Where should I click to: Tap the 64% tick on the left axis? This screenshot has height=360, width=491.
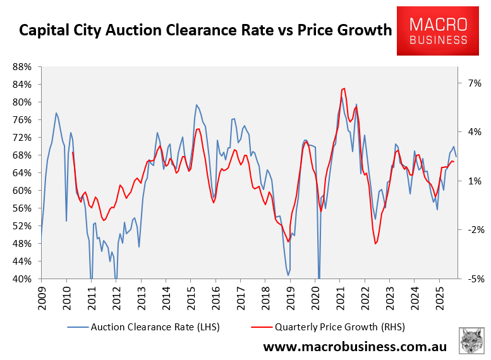point(23,173)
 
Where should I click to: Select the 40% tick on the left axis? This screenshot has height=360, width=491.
point(23,279)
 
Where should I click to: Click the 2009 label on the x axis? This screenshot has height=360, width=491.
point(42,297)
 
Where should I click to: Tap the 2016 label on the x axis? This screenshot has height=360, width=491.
point(215,297)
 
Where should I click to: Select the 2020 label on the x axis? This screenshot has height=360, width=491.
point(315,297)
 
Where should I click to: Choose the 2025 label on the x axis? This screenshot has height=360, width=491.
point(439,297)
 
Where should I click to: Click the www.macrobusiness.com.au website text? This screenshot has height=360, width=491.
point(355,347)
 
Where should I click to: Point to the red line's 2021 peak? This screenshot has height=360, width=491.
point(343,88)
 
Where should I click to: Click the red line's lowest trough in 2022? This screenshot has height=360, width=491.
point(375,244)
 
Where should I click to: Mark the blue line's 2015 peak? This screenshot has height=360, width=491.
point(197,105)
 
